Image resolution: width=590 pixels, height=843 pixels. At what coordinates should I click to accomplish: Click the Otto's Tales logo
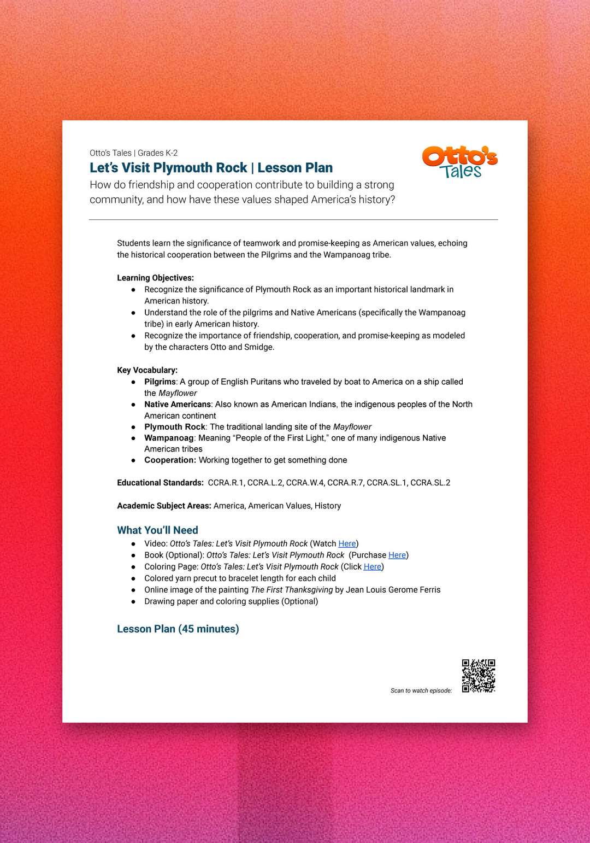pos(459,162)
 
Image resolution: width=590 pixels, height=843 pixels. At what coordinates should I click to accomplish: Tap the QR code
pos(479,676)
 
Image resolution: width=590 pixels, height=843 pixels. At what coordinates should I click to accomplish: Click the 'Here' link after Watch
pos(347,543)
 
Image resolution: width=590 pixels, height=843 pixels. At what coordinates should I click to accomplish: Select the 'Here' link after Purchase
pos(397,555)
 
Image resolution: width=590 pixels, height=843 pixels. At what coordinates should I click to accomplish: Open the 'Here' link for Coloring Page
pos(373,566)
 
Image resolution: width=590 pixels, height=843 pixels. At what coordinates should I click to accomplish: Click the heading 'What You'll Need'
pos(157,530)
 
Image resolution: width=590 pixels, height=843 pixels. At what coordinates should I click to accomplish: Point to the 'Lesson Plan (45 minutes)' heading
pos(178,629)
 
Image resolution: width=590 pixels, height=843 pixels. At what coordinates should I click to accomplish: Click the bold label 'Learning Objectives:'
pos(155,278)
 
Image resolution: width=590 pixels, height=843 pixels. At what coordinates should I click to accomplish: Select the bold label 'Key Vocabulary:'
pos(147,370)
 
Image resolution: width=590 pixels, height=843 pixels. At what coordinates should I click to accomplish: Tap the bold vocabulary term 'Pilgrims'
pos(160,382)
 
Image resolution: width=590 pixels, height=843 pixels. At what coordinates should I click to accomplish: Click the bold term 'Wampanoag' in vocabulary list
pos(169,438)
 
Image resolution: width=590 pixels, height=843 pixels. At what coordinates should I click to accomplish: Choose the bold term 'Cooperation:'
pos(170,460)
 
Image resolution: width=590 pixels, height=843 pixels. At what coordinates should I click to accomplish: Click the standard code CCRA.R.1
pos(226,483)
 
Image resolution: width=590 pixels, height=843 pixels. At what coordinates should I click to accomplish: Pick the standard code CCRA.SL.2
pos(430,483)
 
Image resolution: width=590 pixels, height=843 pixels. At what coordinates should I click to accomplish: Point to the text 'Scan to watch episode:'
pos(421,690)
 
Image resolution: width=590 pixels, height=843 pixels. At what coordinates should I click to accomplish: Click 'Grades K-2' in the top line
pos(157,153)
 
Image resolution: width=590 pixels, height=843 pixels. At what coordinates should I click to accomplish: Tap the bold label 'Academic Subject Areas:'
pos(164,506)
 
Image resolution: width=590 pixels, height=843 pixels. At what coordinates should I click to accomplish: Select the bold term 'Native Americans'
pos(178,405)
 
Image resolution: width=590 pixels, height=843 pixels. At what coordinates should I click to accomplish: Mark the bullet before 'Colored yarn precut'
pos(133,578)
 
